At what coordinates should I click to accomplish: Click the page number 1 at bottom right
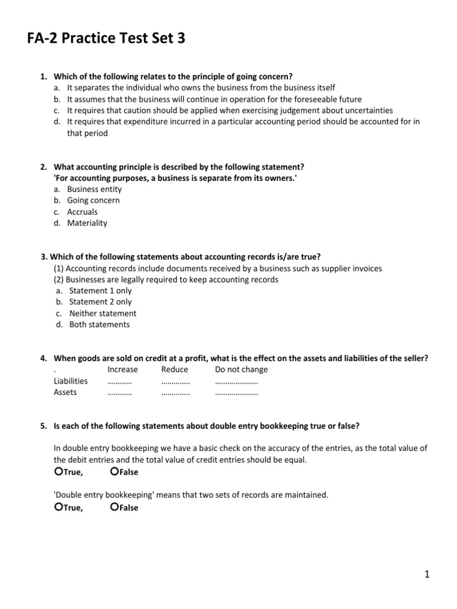pos(427,574)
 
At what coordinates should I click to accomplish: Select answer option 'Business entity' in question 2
pos(94,189)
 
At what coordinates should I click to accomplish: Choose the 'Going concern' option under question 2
pos(93,200)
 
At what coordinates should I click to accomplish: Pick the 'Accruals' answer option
pos(82,212)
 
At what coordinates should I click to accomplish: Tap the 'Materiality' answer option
pos(87,223)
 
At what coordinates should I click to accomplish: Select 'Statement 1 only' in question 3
pos(100,291)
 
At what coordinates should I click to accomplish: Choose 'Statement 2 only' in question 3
pos(100,302)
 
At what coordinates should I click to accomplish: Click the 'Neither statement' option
pos(102,313)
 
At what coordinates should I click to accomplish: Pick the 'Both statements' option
pos(99,325)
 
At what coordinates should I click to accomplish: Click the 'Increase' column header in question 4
pos(122,369)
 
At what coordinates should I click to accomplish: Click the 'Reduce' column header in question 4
pos(174,369)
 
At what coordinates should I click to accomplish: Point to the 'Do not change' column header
pos(241,369)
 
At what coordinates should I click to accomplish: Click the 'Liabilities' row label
pos(70,381)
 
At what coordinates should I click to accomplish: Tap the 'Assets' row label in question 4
pos(65,392)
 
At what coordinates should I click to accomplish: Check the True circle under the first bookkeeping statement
pos(58,472)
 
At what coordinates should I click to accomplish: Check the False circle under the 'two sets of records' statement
pos(115,507)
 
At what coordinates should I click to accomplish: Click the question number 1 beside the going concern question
pos(43,77)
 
